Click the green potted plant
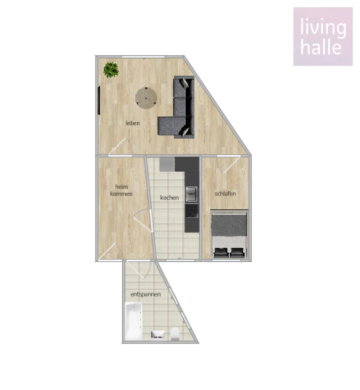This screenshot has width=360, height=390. pos(111,70)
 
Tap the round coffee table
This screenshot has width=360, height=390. pos(146,98)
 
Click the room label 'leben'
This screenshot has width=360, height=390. pos(133,123)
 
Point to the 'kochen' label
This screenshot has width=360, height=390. pos(169,198)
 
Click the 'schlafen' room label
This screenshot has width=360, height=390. pos(225,193)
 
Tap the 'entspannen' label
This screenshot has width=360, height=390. pos(145,294)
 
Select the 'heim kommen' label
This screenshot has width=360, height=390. pos(121,190)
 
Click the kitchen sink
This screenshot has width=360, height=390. pos(192,194)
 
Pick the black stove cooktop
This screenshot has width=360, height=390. pos(192,211)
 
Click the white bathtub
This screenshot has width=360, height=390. pos(134,321)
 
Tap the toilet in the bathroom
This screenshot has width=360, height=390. pos(176,334)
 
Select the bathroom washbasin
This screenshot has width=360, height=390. pos(158,334)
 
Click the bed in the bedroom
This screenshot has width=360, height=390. pos(229,234)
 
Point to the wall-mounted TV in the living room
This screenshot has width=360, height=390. pos(99,101)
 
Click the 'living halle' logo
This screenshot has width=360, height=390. pos(323,37)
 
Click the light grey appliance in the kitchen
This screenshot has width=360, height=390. pos(167,164)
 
